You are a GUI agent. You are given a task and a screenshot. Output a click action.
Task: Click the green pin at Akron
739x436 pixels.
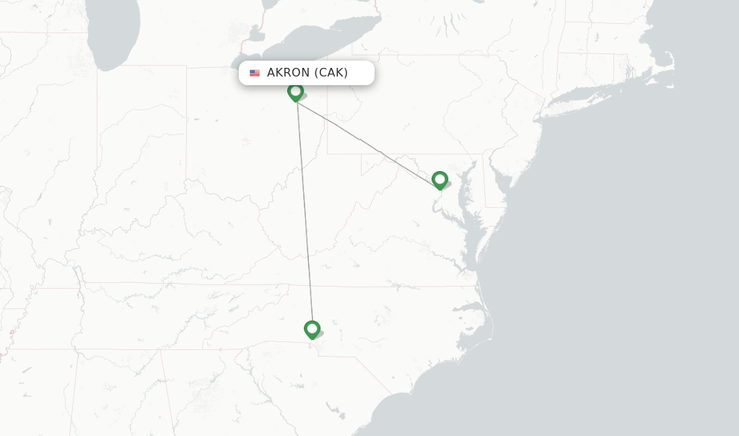(x=295, y=92)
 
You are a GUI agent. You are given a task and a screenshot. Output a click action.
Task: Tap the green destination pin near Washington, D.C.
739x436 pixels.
(x=440, y=180)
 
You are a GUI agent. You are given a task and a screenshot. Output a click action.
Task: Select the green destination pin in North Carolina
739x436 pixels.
(x=312, y=329)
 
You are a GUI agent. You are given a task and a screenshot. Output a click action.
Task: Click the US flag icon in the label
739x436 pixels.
(x=255, y=73)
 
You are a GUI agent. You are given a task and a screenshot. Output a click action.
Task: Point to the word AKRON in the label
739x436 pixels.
(x=289, y=73)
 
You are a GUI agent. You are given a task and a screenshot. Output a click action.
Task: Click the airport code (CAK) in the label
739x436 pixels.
(x=331, y=73)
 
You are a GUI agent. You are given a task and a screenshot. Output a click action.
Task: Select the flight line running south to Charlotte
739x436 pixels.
(x=304, y=217)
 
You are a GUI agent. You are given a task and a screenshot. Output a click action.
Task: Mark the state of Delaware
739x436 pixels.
(x=493, y=184)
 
